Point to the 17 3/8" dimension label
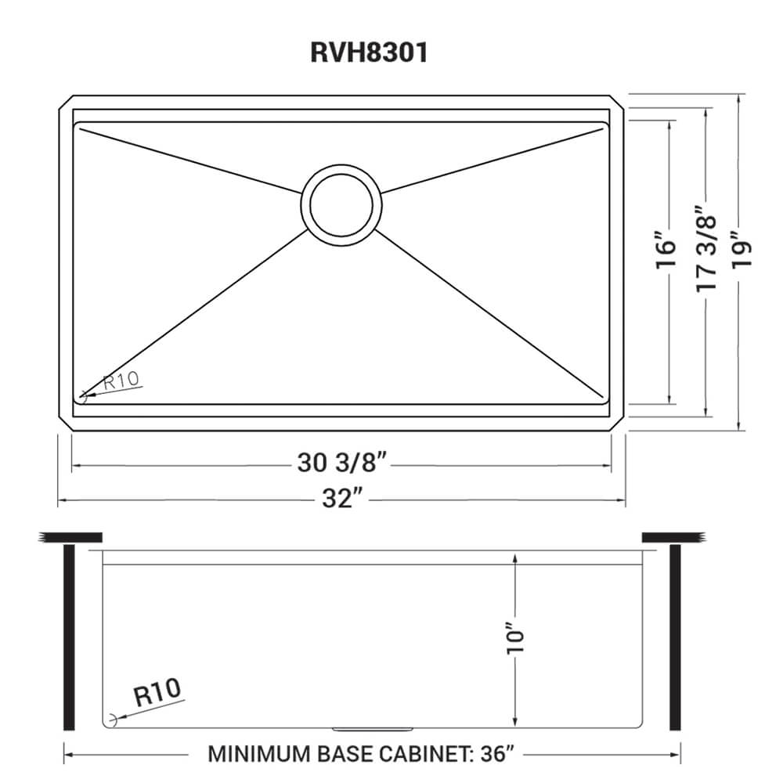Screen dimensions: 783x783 pos(705,249)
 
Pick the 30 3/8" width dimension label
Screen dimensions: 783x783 pos(343,464)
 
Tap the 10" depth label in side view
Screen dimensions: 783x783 pos(514,637)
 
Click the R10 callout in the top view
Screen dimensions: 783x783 pos(121,381)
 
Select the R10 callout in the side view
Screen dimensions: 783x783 pos(157,692)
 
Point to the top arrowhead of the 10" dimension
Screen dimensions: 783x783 pos(514,557)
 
